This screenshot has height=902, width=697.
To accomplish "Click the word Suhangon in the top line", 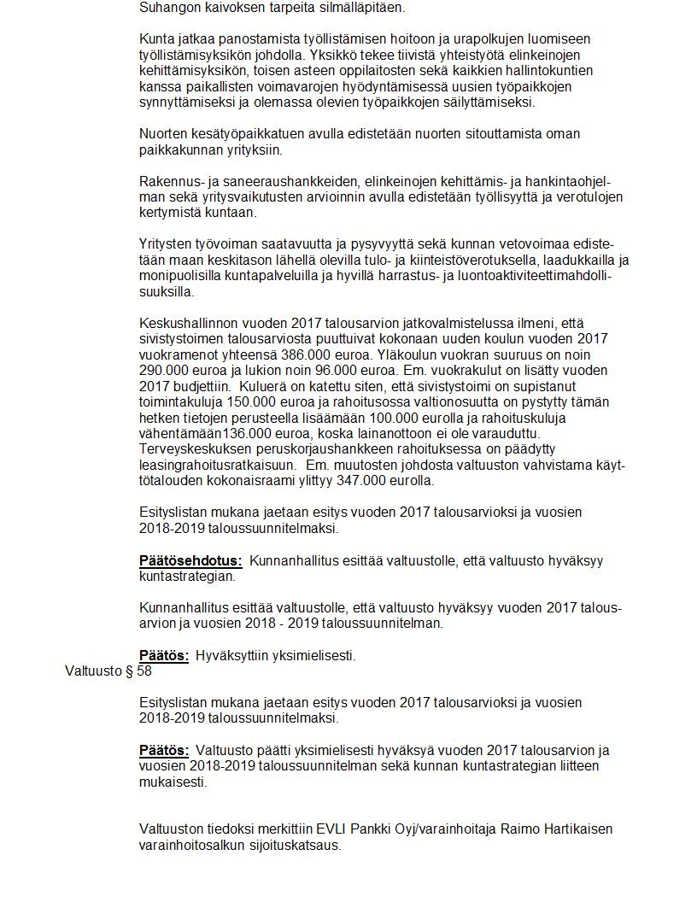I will [x=168, y=8].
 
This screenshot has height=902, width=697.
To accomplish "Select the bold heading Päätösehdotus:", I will [x=190, y=561].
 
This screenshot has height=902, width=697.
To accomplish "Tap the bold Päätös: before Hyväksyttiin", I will [x=164, y=656].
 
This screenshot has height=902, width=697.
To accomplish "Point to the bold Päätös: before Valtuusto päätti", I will [x=164, y=751].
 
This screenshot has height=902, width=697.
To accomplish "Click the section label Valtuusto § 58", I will [x=108, y=671].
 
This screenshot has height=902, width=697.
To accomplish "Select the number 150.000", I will [x=243, y=402].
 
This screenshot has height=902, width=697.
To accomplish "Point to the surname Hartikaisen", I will [x=570, y=829].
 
